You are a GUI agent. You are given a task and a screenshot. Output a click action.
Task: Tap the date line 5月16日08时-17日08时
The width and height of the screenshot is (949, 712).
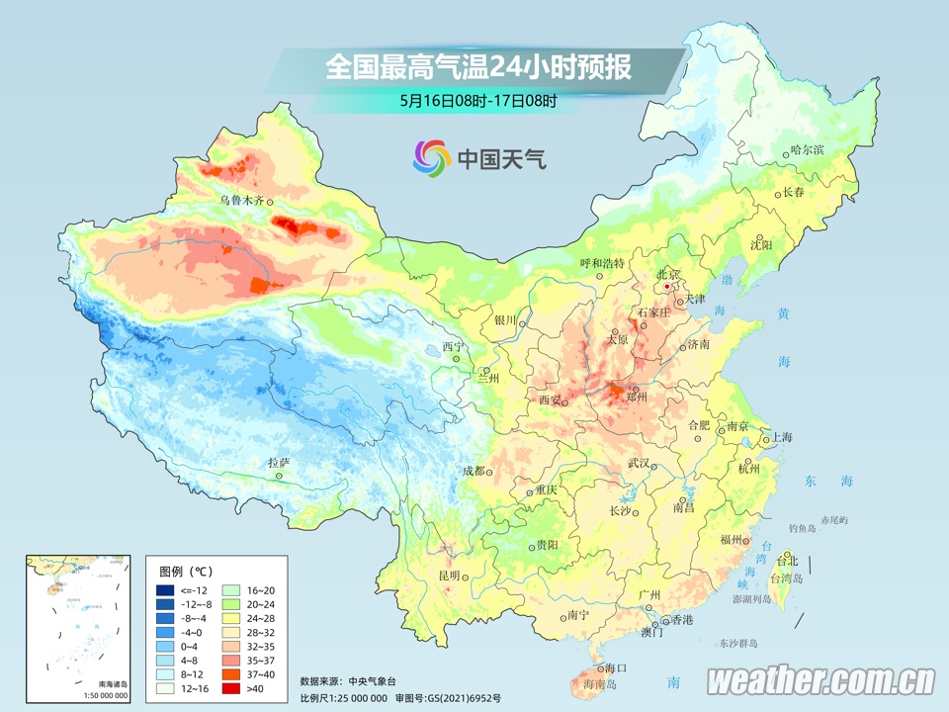pos(478,100)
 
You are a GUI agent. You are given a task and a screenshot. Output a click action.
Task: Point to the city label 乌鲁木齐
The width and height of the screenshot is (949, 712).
pos(242,200)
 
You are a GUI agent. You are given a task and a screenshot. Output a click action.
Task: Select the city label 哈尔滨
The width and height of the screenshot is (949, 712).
pos(807,150)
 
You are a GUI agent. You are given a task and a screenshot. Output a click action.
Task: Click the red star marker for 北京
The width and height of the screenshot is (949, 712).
pos(668,287)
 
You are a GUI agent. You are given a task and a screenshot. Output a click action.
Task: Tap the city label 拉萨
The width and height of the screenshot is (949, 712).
pos(279,463)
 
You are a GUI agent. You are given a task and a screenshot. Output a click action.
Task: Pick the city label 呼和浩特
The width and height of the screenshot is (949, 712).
pos(602,264)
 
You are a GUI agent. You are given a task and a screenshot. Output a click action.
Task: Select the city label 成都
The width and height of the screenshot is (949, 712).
pos(474,471)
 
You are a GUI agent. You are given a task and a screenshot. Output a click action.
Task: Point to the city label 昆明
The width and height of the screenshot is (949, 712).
pos(449,576)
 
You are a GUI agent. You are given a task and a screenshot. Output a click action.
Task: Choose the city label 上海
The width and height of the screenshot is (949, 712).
pos(782,437)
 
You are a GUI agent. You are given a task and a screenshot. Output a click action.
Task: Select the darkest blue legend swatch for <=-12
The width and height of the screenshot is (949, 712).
pos(166,590)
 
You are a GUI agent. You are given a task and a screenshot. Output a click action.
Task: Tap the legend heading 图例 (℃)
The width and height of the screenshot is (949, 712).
pos(186,572)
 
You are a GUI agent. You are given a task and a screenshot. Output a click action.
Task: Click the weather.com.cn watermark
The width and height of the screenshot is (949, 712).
pos(820,680)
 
